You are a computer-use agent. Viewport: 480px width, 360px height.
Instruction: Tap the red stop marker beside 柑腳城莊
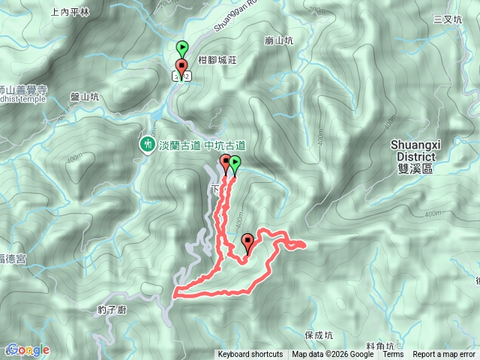coord(181,67)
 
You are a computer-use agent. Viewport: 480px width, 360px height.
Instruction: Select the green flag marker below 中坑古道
coord(235,163)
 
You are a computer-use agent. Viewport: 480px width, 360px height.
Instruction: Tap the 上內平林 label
coord(70,12)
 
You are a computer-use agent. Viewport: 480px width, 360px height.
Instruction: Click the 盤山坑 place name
coord(84,96)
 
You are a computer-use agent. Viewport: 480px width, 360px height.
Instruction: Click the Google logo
coord(25,349)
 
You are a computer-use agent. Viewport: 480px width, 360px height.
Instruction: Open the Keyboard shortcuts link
coord(250,355)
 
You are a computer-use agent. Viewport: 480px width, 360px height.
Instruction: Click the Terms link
coord(393,355)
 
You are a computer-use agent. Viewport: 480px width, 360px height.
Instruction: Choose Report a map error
coord(444,355)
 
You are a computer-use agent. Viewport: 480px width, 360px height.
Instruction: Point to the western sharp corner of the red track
coord(175,293)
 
